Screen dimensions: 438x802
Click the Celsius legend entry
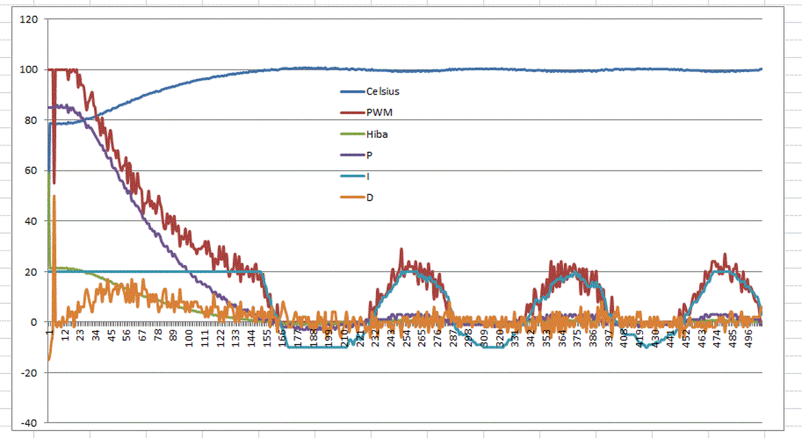click(383, 91)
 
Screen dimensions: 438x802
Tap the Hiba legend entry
click(377, 134)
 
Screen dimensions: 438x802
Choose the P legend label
click(369, 155)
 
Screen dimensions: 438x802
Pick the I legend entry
click(368, 176)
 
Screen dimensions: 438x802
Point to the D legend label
click(370, 197)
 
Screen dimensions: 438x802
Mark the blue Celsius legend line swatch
click(353, 91)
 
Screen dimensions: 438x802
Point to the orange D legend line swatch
click(353, 197)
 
